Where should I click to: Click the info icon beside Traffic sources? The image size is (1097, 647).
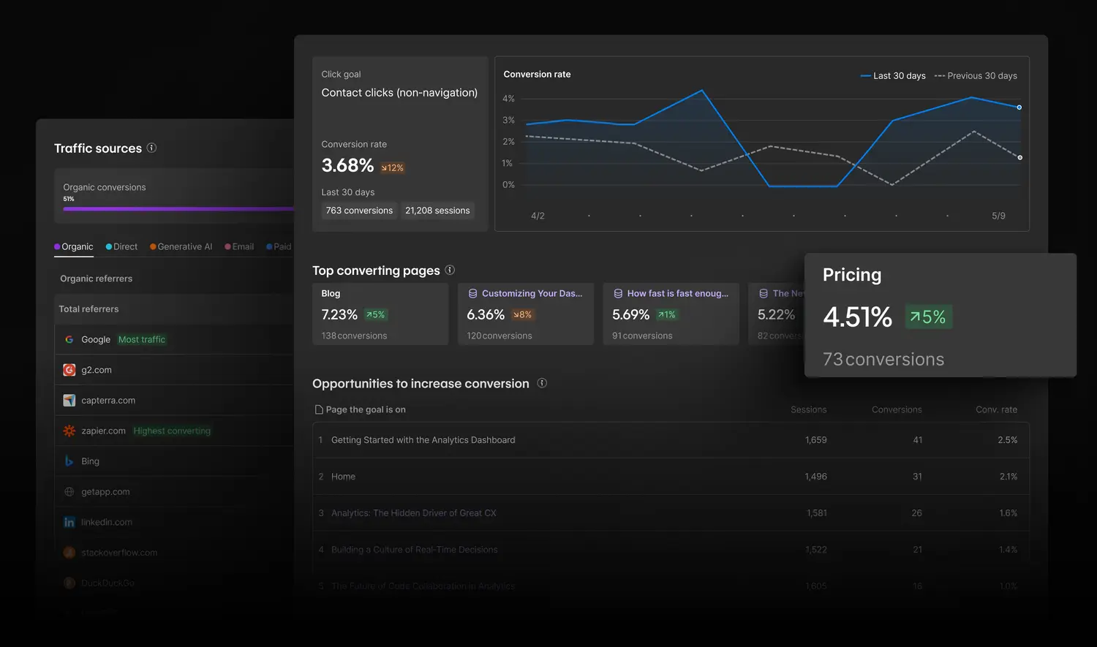coord(151,148)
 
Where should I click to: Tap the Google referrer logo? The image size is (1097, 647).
coord(69,340)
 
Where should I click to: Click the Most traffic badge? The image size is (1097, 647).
coord(142,340)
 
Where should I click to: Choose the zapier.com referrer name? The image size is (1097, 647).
coord(103,431)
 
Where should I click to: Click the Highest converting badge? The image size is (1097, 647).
coord(172,431)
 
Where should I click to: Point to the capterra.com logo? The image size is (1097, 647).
coord(69,401)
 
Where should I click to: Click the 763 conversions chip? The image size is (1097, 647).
coord(359,211)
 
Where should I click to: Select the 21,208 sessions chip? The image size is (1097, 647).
coord(437,211)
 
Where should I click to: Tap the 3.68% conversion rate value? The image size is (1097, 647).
coord(347,166)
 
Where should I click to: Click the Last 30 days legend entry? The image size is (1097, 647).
coord(893,76)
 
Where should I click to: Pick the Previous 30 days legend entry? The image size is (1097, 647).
coord(976,76)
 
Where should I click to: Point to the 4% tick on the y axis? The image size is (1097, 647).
coord(508,99)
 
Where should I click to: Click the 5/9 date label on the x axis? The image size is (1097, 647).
coord(998,216)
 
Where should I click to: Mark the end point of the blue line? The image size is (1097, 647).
coord(1019,107)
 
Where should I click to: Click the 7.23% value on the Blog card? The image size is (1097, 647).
coord(339,315)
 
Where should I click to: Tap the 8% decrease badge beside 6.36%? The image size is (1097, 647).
coord(522,315)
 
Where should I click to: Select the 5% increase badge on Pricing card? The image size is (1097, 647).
coord(928,317)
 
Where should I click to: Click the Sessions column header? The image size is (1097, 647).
coord(808,410)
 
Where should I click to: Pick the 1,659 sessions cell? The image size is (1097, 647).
coord(815,440)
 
